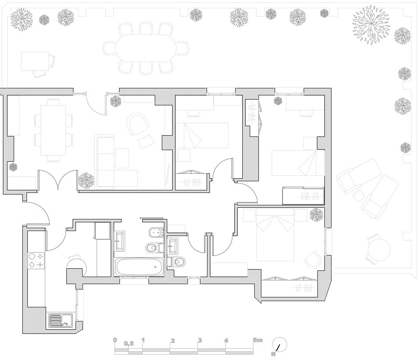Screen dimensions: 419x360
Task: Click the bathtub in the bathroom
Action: (x=139, y=267)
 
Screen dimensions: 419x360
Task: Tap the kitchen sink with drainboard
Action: (x=61, y=321)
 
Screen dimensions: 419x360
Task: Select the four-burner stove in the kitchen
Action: (x=36, y=260)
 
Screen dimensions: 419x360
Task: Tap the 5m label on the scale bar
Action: (x=258, y=340)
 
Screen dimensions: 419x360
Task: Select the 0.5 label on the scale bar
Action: (x=129, y=344)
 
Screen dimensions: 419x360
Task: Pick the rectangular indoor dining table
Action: (x=53, y=130)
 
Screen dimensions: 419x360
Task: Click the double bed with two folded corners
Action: (x=275, y=234)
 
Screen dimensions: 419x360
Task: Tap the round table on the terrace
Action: (x=379, y=250)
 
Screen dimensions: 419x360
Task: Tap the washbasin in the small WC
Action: (x=173, y=246)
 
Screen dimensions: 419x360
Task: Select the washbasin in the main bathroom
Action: (x=119, y=241)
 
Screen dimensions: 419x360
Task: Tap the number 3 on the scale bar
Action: (x=200, y=340)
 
